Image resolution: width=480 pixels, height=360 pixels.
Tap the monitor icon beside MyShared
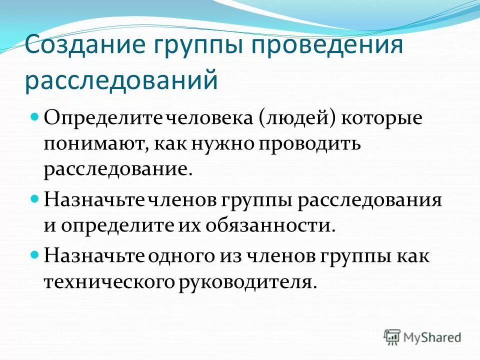[392, 337]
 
